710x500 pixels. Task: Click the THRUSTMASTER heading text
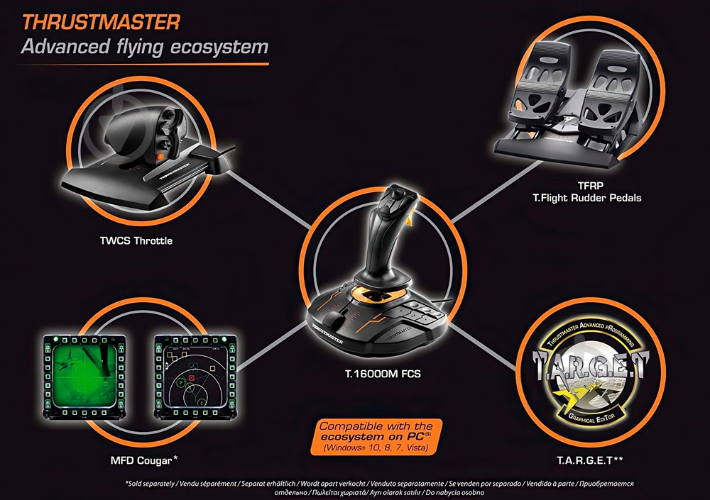click(101, 21)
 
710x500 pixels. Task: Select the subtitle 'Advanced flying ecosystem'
click(145, 48)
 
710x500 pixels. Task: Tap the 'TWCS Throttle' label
click(136, 240)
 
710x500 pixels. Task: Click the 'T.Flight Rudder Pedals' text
click(586, 198)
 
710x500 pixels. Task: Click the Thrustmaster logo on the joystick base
click(329, 333)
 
